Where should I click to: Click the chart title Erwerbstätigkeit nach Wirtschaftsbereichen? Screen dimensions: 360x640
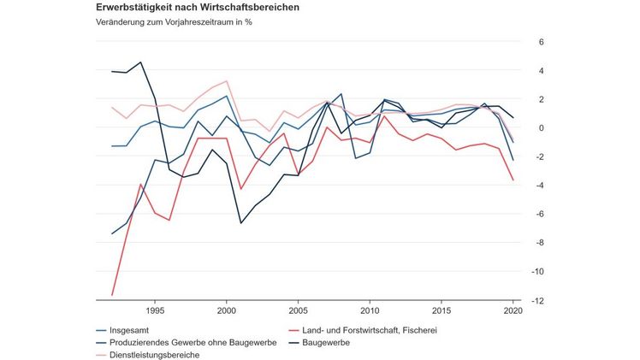tap(198, 7)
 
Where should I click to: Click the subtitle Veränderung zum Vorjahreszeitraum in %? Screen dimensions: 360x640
tap(175, 22)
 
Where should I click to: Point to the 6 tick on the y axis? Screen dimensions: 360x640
tap(541, 42)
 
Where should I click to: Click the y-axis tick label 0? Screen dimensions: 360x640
tap(541, 128)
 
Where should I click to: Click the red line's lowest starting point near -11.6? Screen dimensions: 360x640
tap(113, 295)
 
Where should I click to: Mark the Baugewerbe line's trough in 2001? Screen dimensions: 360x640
tap(241, 223)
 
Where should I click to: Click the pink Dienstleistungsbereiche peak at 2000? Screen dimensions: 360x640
tap(227, 81)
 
